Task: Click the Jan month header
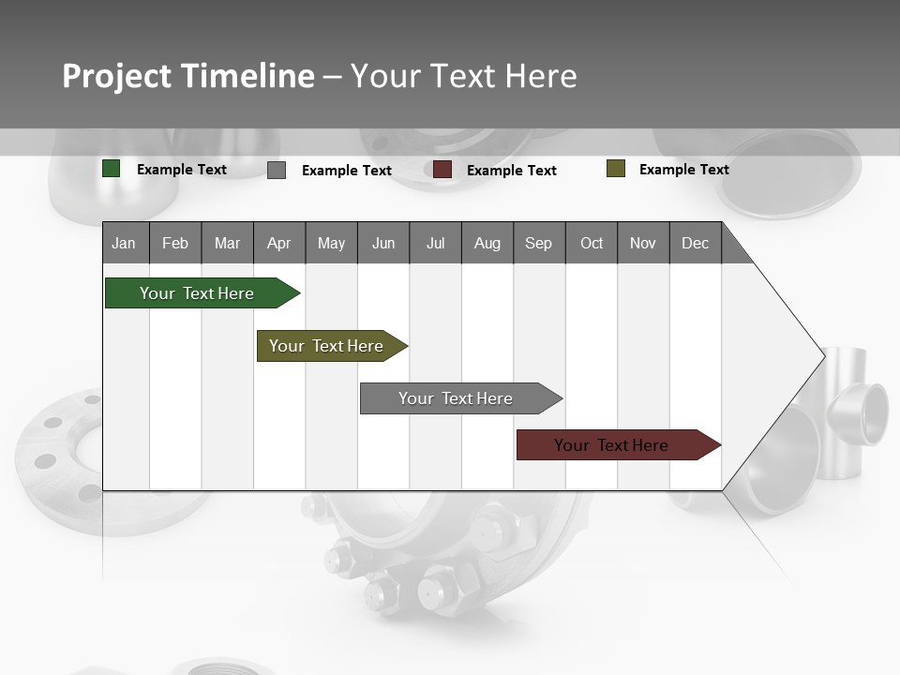pyautogui.click(x=125, y=243)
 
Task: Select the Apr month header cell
pyautogui.click(x=279, y=243)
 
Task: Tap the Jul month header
pyautogui.click(x=435, y=243)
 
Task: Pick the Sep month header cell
pyautogui.click(x=539, y=243)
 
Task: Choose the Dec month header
pyautogui.click(x=695, y=243)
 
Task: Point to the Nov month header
pyautogui.click(x=643, y=243)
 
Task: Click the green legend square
pyautogui.click(x=112, y=169)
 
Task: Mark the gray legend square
pyautogui.click(x=277, y=170)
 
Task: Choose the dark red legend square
pyautogui.click(x=442, y=170)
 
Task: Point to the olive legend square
pyautogui.click(x=616, y=169)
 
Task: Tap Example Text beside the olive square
pyautogui.click(x=683, y=170)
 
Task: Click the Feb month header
pyautogui.click(x=175, y=243)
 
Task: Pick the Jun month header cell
pyautogui.click(x=383, y=243)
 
